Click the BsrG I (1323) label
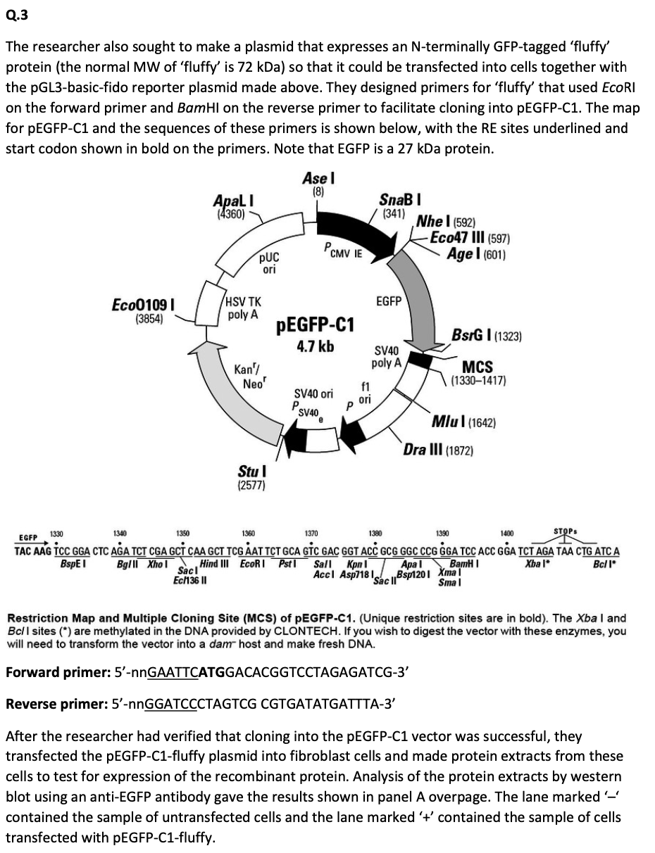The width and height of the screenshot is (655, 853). tap(487, 337)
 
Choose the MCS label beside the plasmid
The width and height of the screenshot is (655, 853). tap(477, 367)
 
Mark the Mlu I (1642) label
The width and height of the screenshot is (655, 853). tap(463, 422)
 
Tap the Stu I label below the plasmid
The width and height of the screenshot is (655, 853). tap(251, 470)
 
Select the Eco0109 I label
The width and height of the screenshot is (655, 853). tap(144, 305)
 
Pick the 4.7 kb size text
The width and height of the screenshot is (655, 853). tap(314, 346)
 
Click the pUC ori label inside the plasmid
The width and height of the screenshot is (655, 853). tap(270, 264)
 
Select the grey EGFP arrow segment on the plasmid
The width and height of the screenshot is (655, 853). tap(421, 296)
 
